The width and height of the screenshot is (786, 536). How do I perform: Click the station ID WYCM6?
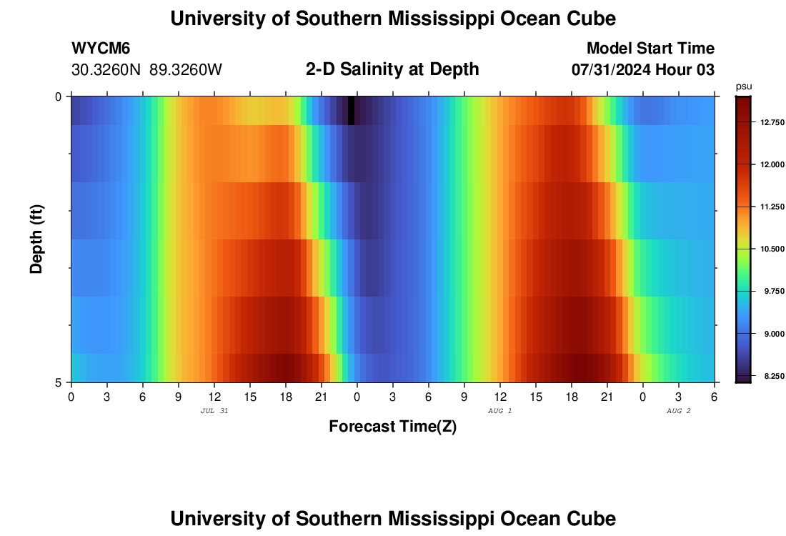coord(101,49)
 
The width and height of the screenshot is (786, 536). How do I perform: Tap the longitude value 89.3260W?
coord(186,70)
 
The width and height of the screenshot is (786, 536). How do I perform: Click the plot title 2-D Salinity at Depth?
coord(392,69)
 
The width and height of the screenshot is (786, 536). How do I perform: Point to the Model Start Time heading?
coord(650,49)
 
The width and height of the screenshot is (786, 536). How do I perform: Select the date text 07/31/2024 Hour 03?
coord(643,70)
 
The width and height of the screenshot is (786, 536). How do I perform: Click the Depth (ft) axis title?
coord(37,239)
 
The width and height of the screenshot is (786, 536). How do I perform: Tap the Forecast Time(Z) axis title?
coord(392,427)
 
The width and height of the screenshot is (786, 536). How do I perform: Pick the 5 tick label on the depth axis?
coord(59,382)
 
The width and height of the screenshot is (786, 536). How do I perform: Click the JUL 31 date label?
coord(214,411)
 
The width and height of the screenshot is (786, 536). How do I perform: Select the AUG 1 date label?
coord(499,411)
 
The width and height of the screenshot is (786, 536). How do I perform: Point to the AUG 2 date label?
coord(678,411)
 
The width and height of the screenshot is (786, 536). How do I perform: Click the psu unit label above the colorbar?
coord(744,86)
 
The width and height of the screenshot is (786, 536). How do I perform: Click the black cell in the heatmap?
coord(351,110)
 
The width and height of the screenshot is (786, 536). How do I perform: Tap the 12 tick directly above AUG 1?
coord(499,396)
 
